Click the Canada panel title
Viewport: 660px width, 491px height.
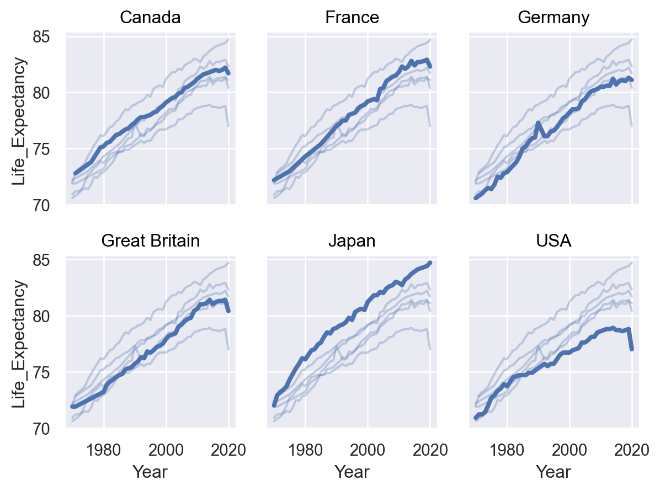click(x=150, y=18)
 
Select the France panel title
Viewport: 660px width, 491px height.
click(x=352, y=18)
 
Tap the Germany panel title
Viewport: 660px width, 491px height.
click(x=553, y=18)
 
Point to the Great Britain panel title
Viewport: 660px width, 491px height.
click(x=150, y=241)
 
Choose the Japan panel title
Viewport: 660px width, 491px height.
click(x=352, y=241)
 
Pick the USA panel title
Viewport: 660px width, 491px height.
click(x=553, y=241)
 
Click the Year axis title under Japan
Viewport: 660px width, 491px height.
click(x=352, y=472)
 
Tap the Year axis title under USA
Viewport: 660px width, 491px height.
click(x=553, y=472)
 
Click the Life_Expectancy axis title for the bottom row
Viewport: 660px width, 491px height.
click(x=19, y=344)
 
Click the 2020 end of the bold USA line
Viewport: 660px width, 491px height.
click(x=632, y=349)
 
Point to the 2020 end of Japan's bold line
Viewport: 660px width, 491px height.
click(x=430, y=263)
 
